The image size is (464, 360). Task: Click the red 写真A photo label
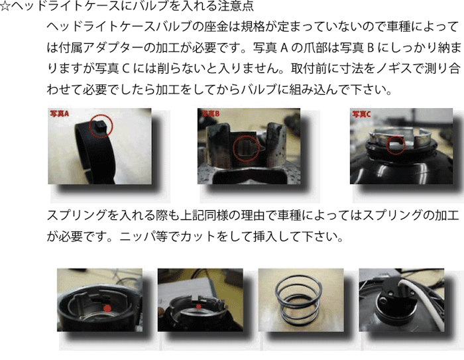coord(60,113)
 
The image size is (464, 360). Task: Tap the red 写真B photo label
coord(209,113)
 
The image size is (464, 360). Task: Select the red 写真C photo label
coord(361,113)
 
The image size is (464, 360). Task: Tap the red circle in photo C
coord(396,146)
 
